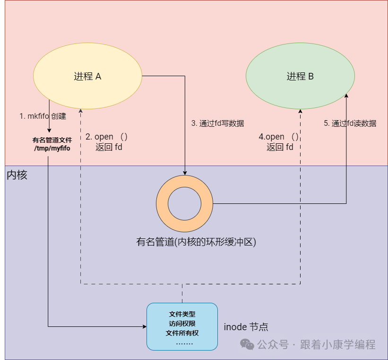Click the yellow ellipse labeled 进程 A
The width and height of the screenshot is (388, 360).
[87, 76]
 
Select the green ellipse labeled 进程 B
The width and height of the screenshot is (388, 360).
[300, 76]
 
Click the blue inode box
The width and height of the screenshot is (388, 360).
[182, 326]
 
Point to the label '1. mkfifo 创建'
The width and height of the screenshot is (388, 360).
[43, 116]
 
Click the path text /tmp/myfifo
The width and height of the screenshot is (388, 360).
[52, 149]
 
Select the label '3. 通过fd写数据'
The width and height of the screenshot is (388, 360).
[217, 123]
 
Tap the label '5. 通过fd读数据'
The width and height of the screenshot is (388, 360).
[350, 123]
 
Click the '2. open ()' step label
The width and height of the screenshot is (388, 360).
[107, 137]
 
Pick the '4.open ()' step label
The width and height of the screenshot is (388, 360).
[279, 137]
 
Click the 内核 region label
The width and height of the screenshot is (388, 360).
[17, 175]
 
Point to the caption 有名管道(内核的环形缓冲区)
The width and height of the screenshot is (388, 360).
[196, 242]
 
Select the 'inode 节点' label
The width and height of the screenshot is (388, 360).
[246, 327]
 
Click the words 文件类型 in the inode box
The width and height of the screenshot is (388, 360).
[182, 314]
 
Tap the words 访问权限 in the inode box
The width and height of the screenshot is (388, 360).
[182, 324]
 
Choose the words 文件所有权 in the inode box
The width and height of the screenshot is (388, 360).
[182, 333]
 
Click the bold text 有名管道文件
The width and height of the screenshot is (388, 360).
[52, 140]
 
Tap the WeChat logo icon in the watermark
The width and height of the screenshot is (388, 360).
[247, 344]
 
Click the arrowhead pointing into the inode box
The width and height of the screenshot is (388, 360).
[144, 326]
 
